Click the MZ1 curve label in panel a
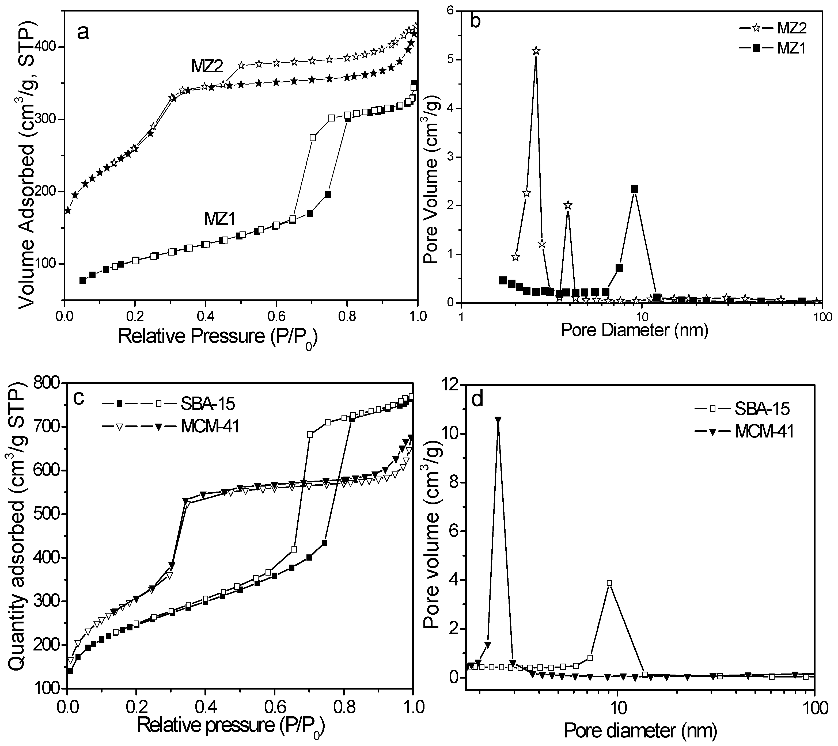(219, 220)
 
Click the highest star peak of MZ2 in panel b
(536, 51)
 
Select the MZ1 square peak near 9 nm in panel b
(634, 189)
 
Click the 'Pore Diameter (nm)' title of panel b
(635, 330)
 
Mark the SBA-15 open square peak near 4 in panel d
(609, 583)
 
